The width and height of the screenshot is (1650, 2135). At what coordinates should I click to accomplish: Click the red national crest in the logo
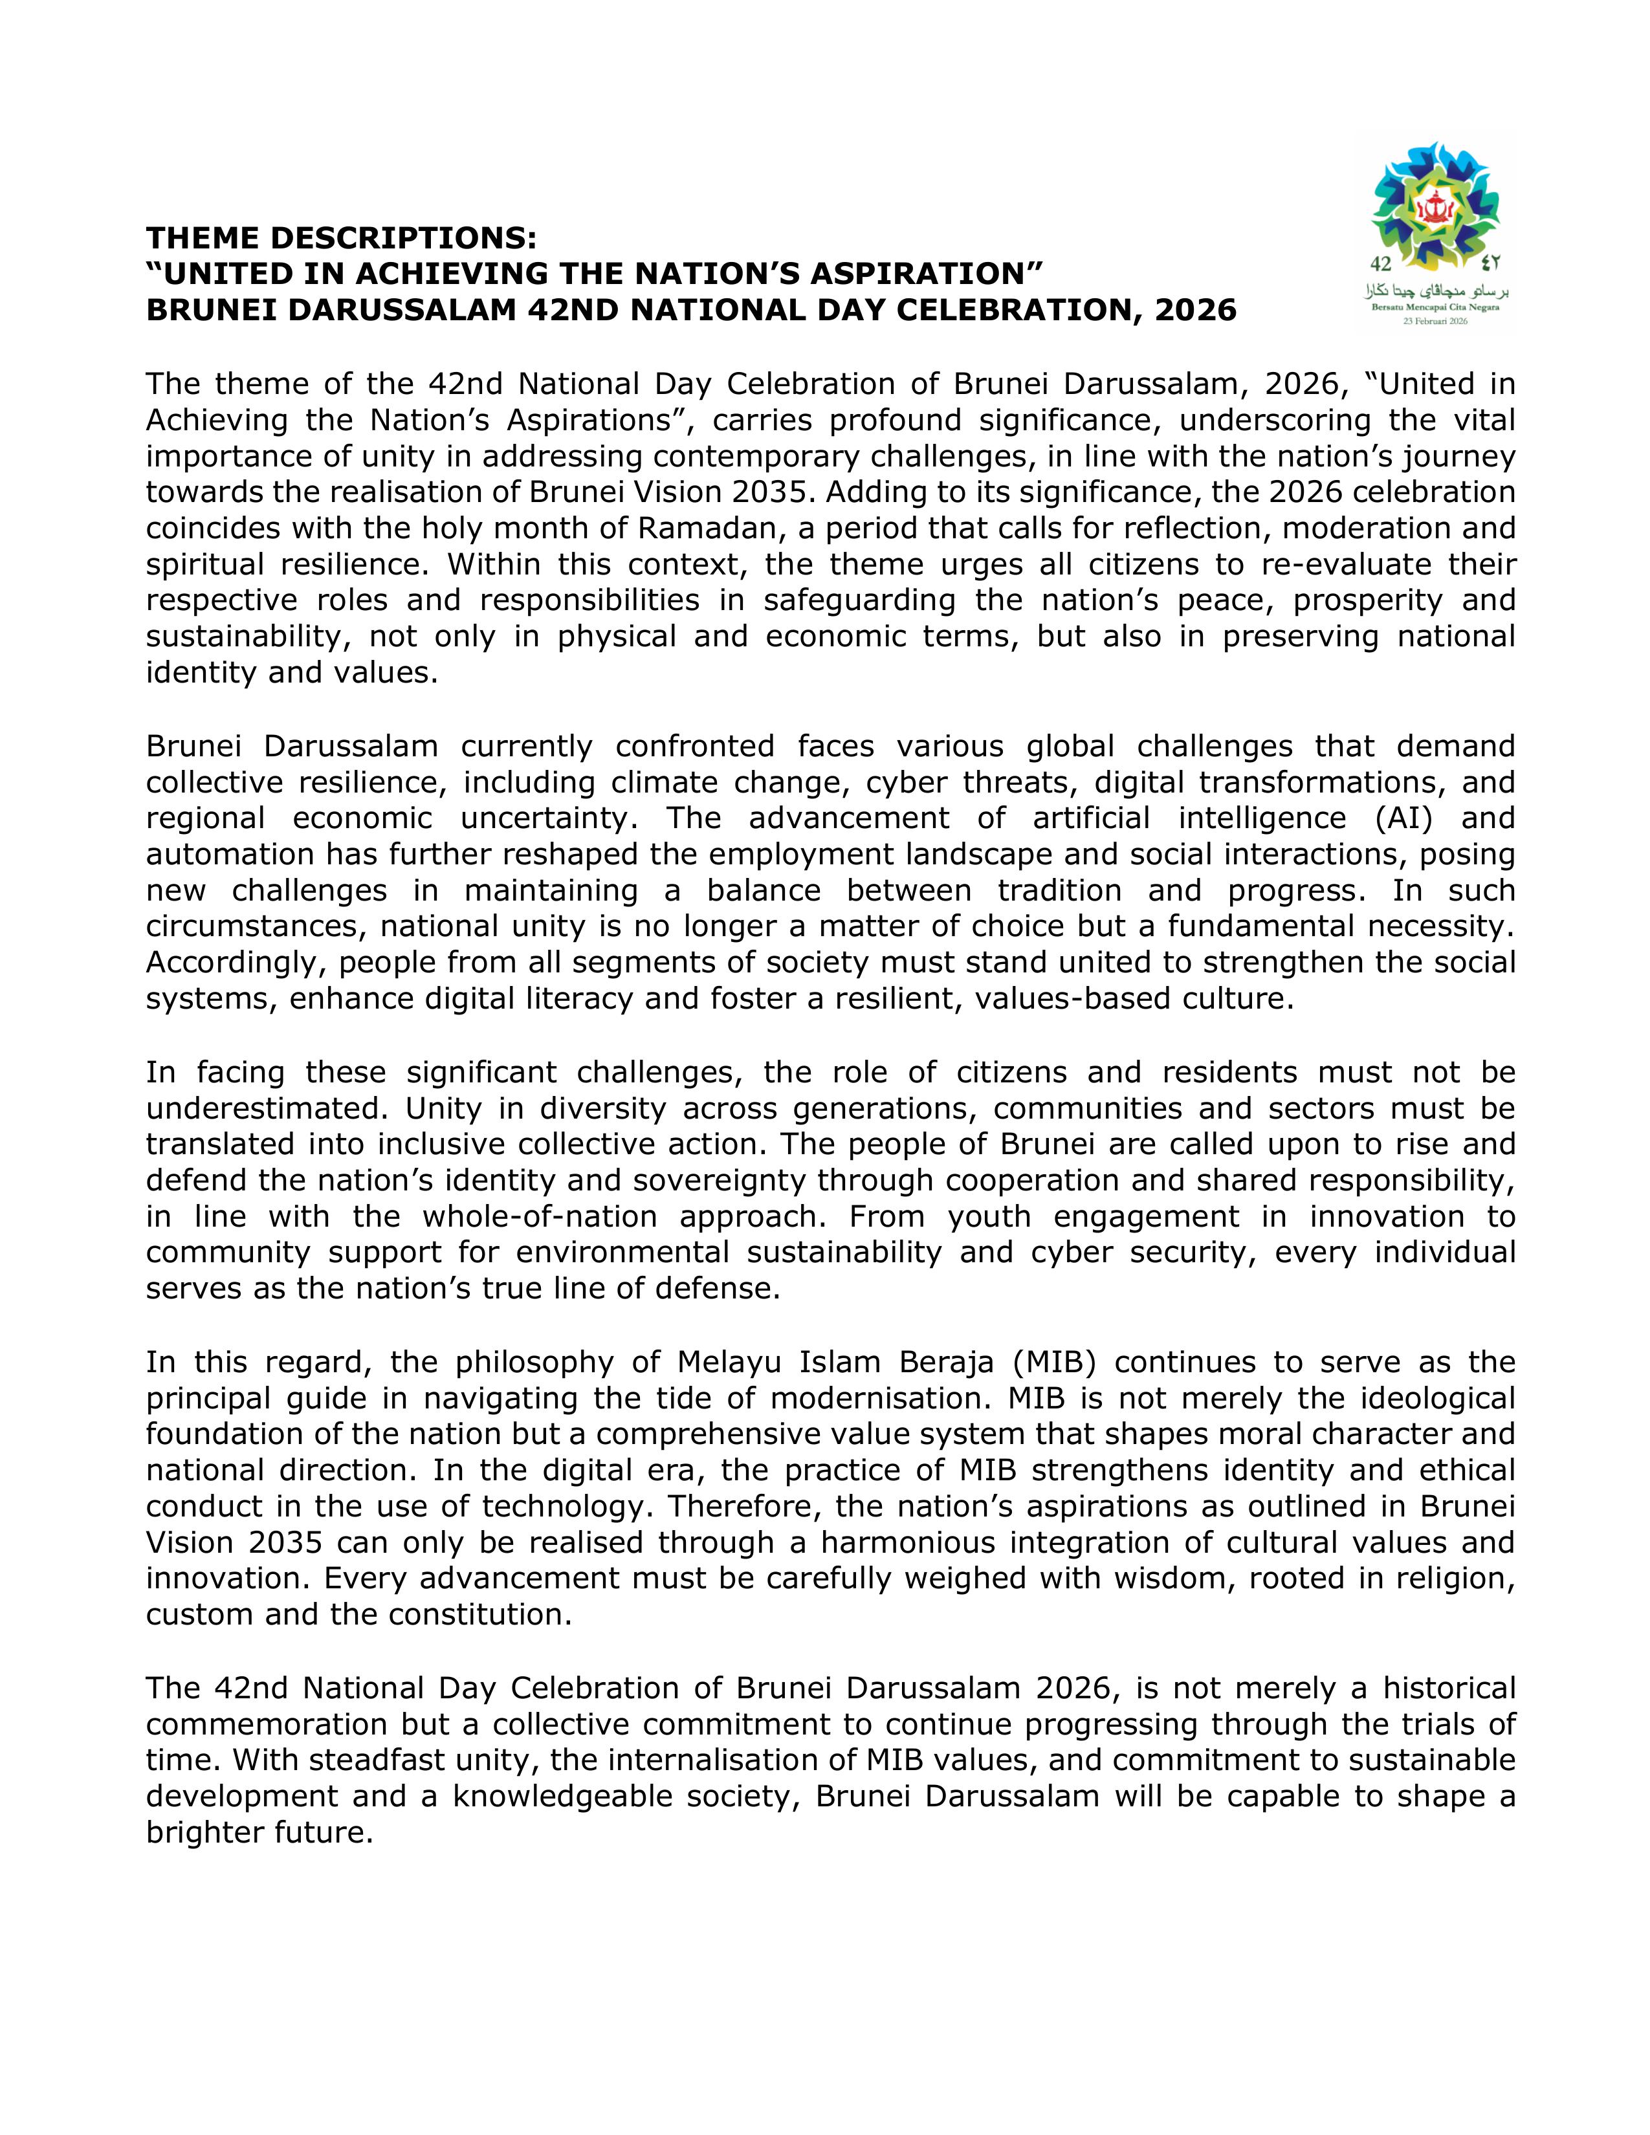tap(1435, 209)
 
